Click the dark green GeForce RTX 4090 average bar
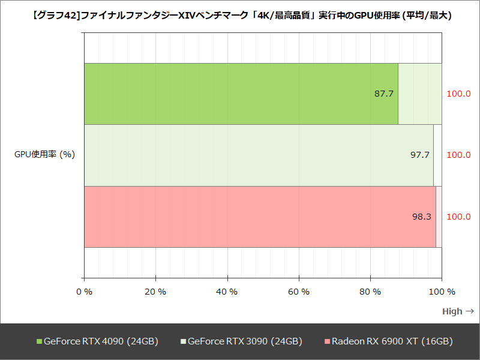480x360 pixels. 240,94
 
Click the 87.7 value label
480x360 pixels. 383,94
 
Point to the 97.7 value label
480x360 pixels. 419,155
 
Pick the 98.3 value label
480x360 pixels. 421,217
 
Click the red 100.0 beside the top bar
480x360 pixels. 459,94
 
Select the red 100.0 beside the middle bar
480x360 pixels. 459,155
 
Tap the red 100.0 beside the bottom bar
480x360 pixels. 459,217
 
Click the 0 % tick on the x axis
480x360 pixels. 85,292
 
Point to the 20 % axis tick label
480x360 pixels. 155,292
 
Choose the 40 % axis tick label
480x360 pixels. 227,292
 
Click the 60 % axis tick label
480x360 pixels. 299,292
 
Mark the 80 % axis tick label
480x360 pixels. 370,292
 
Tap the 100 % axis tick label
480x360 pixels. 442,292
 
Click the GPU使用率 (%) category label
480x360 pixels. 44,155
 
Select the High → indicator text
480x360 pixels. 458,311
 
